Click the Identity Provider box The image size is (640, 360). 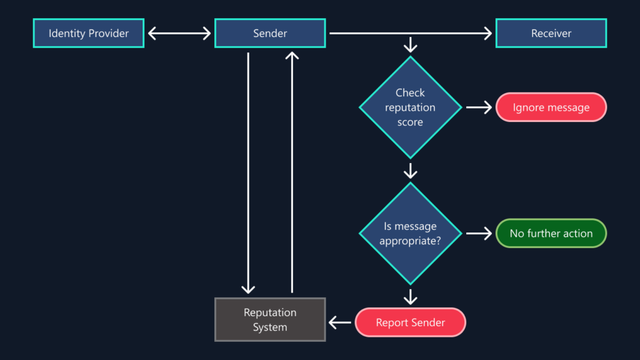[88, 33]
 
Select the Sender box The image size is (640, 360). [270, 33]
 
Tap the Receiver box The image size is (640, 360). [551, 33]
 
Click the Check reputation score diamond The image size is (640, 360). [410, 107]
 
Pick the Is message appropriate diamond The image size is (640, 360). [410, 233]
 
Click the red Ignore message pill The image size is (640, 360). [551, 107]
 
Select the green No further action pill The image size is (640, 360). [551, 233]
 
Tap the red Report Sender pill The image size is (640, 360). [410, 322]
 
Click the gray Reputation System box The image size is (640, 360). [270, 319]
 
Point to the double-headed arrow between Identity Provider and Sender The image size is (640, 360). [179, 33]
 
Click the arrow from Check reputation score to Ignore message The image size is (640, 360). [479, 107]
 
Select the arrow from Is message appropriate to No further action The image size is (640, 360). [479, 233]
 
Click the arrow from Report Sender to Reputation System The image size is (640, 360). [341, 322]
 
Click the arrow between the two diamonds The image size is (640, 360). [410, 170]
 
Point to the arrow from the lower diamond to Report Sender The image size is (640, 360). [410, 296]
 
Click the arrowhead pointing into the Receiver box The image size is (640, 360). [487, 33]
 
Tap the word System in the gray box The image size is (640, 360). [270, 327]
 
